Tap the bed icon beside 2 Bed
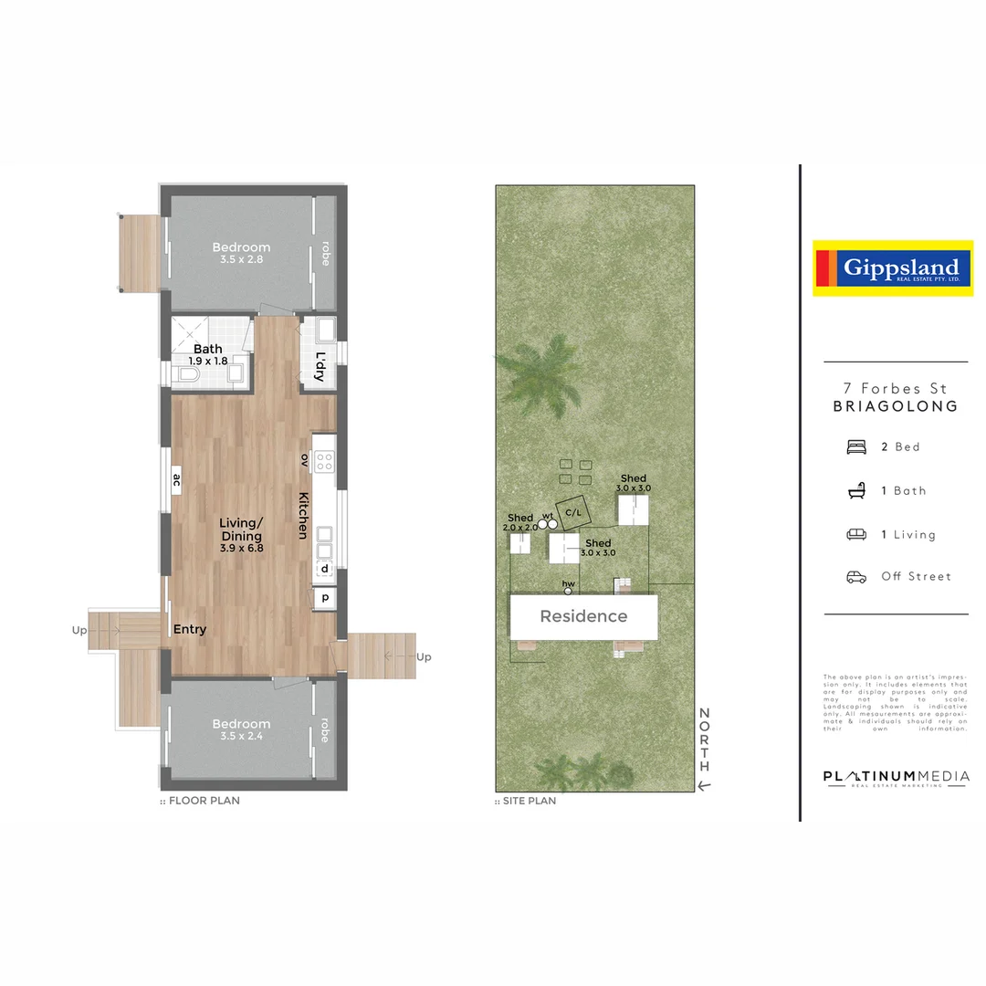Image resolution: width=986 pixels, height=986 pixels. click(x=856, y=446)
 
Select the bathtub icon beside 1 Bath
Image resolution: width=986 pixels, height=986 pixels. click(x=856, y=491)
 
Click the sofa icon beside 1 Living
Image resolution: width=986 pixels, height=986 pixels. click(x=856, y=534)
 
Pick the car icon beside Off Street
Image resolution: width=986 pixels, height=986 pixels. click(x=856, y=577)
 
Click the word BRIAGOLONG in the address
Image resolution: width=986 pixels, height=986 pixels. click(x=896, y=407)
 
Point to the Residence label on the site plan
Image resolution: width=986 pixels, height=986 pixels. click(x=583, y=616)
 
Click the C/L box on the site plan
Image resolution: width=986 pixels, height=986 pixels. click(x=573, y=512)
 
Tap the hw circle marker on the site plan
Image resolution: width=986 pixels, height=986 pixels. click(x=568, y=591)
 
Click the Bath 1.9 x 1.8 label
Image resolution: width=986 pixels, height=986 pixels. click(x=208, y=354)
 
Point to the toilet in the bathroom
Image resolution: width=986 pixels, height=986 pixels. click(x=189, y=374)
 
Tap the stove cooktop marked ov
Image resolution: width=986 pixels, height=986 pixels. click(x=324, y=462)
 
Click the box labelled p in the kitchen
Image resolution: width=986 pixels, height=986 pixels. click(x=324, y=598)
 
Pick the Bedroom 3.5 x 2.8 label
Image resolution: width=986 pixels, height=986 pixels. click(x=241, y=253)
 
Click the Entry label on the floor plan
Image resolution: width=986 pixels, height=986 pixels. click(x=190, y=629)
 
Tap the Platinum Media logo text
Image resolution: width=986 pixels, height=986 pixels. click(x=896, y=778)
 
